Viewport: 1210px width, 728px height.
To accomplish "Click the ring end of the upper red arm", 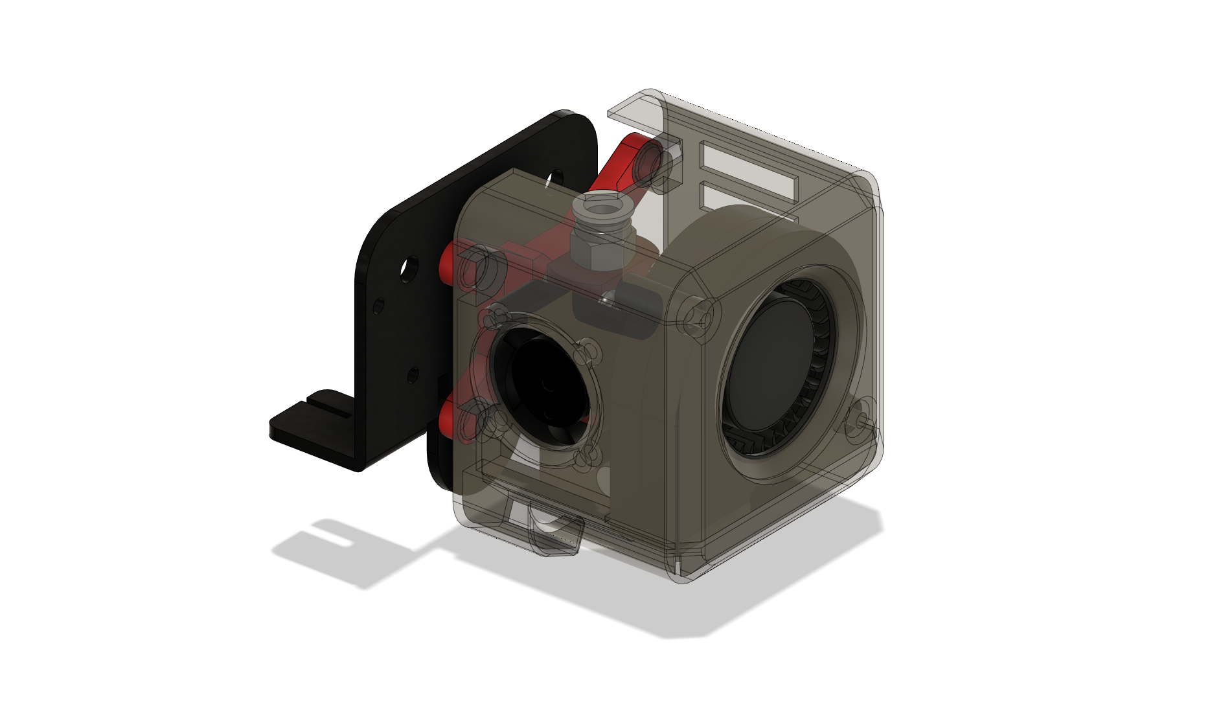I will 648,165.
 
